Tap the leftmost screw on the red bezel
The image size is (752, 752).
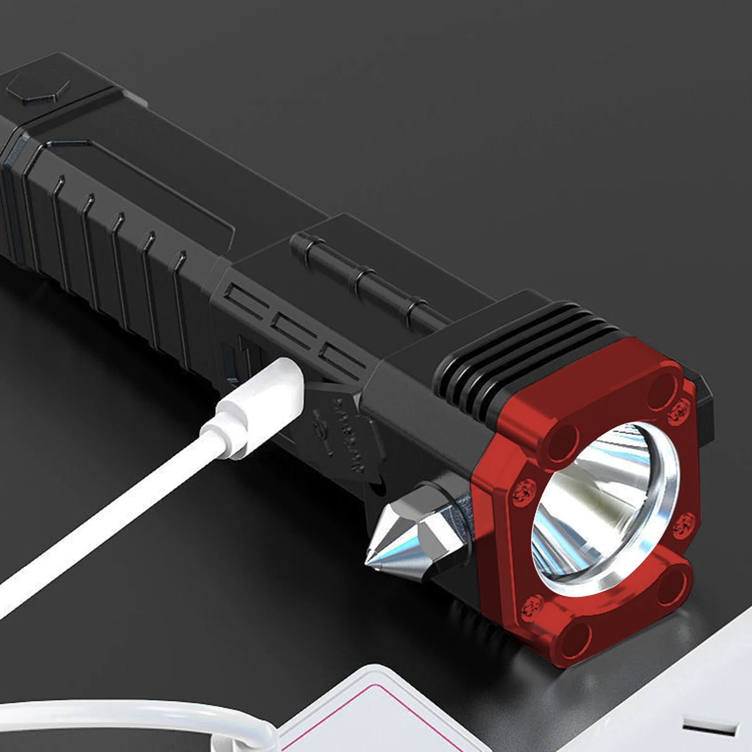point(522,491)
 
